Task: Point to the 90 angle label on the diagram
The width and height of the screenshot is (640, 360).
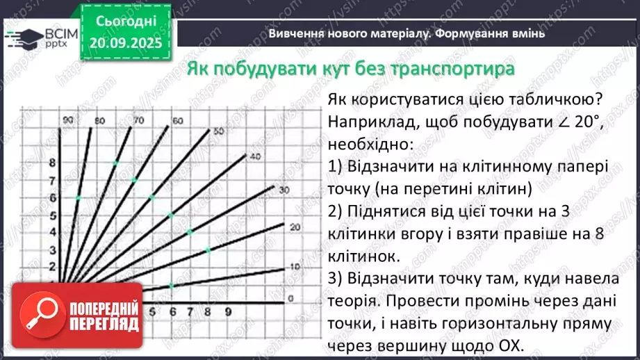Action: click(67, 121)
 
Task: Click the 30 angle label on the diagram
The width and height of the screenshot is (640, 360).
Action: click(283, 190)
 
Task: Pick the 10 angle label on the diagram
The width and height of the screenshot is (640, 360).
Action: click(294, 266)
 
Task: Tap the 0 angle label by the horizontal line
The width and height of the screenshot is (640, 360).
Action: click(291, 298)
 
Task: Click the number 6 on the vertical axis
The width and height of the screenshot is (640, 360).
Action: click(53, 198)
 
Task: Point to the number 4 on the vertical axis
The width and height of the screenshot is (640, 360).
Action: click(53, 232)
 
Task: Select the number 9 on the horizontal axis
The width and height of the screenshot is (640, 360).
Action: click(227, 312)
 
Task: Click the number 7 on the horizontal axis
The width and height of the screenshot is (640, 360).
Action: click(189, 312)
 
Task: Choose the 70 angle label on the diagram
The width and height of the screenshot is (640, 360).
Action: click(138, 121)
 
